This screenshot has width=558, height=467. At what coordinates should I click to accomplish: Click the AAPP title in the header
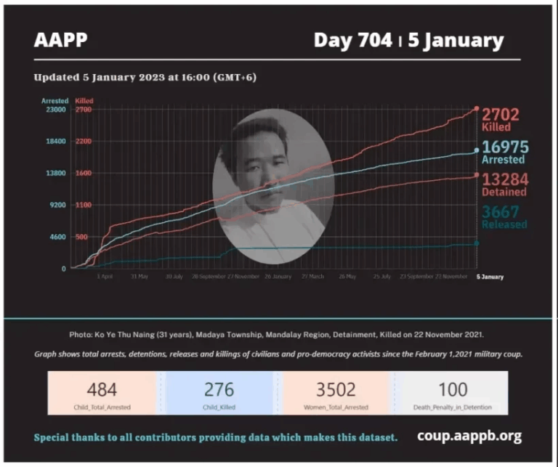click(x=60, y=40)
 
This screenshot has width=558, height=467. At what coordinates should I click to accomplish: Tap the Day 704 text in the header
click(x=354, y=40)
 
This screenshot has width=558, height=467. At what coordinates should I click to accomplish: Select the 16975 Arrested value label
click(x=504, y=152)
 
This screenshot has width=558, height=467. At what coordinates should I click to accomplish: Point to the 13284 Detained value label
click(x=504, y=184)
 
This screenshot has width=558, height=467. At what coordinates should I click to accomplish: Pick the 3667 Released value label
click(x=504, y=216)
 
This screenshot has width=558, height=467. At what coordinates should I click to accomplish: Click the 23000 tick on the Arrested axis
click(x=57, y=110)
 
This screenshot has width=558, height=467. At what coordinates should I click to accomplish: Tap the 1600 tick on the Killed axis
click(x=83, y=174)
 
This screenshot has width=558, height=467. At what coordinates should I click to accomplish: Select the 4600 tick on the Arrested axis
click(x=57, y=237)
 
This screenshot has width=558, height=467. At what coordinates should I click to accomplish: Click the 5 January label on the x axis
click(x=490, y=277)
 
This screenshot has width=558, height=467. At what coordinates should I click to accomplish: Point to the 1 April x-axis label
click(x=105, y=277)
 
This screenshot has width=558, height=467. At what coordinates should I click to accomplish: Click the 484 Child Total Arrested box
click(x=102, y=393)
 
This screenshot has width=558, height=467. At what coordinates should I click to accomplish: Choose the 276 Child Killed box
click(x=219, y=393)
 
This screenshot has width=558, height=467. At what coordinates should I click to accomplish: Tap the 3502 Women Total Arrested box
click(x=336, y=393)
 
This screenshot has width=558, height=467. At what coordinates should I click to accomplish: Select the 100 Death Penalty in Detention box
click(x=453, y=393)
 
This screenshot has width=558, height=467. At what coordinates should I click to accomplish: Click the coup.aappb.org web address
click(x=469, y=436)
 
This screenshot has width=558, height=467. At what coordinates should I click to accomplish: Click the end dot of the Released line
click(x=477, y=243)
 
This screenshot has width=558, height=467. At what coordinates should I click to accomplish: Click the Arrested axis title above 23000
click(x=55, y=101)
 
